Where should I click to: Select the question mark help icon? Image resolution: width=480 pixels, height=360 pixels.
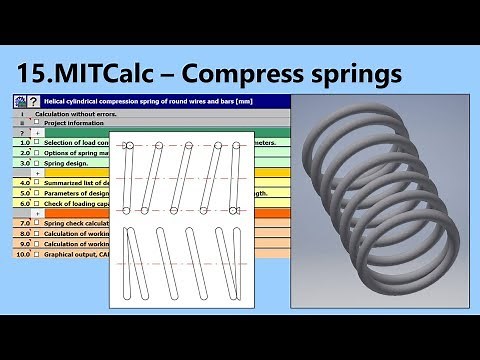tap(33, 101)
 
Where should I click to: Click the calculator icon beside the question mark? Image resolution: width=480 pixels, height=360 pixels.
tap(19, 101)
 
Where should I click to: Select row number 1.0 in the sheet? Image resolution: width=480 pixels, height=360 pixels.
tap(22, 143)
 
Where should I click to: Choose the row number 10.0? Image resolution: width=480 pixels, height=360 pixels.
tap(22, 254)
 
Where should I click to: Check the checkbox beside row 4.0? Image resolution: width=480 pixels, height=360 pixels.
tap(36, 184)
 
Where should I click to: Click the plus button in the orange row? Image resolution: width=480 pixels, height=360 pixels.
tap(38, 214)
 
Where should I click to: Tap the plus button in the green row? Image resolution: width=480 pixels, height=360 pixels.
tap(38, 132)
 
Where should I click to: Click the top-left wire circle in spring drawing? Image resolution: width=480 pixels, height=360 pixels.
tap(128, 147)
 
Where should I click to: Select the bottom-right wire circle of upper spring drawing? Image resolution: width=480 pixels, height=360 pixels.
tap(235, 209)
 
